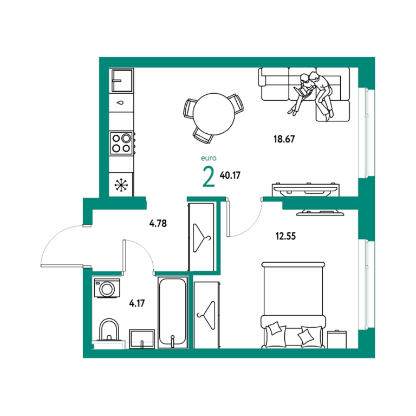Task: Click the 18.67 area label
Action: [284, 139]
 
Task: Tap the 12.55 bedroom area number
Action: [285, 236]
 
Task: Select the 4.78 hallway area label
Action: [158, 223]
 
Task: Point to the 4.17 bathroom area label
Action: [137, 303]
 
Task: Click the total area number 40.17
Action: [230, 175]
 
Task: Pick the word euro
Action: [209, 158]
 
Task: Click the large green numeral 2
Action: [209, 177]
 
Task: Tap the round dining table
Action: [214, 114]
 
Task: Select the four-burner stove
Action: [121, 143]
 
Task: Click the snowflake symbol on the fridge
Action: [121, 184]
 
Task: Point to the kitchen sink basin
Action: [122, 80]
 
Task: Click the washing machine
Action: [107, 288]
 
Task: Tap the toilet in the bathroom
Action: [109, 330]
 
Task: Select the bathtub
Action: [172, 312]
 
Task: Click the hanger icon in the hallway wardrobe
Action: [201, 238]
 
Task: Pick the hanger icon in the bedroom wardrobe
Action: [206, 315]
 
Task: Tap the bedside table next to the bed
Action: [337, 339]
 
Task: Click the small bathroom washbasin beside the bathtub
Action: [142, 339]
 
